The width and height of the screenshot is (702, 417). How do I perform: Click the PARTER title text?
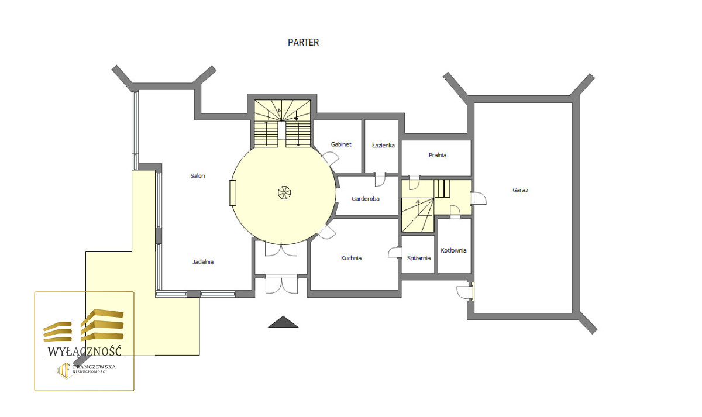[303, 42]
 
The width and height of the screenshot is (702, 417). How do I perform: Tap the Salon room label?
[198, 176]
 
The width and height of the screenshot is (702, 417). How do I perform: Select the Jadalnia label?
[203, 262]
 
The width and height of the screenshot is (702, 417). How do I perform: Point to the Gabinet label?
[341, 144]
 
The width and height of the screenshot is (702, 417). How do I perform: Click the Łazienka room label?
[383, 146]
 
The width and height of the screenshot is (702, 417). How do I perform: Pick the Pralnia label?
[437, 155]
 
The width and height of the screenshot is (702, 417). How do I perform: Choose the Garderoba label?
[366, 199]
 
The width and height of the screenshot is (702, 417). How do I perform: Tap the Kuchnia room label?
[351, 258]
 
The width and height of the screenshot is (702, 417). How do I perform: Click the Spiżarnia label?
[419, 258]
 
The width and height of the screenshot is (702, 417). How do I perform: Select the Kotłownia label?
[453, 250]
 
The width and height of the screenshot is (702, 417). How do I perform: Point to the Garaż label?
[520, 190]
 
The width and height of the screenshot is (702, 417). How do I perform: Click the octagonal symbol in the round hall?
[284, 192]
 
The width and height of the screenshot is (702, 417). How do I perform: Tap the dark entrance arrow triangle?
[283, 322]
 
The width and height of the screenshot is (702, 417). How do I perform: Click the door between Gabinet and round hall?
[330, 158]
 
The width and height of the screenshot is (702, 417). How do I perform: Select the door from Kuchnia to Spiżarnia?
[395, 253]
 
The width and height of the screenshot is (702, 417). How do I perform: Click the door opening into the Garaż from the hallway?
[479, 198]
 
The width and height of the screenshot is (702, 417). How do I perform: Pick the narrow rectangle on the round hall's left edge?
[233, 193]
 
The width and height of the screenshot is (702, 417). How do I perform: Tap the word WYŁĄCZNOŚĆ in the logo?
[84, 351]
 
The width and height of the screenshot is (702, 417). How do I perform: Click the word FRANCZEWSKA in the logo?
[94, 367]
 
